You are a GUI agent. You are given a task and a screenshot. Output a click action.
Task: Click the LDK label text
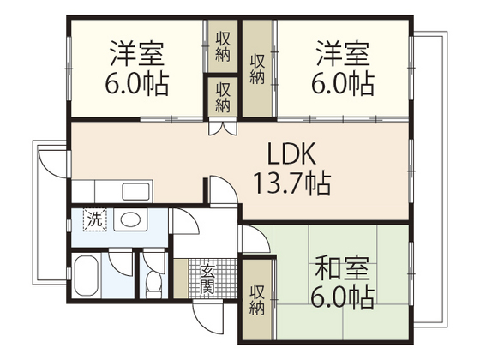tap(293, 154)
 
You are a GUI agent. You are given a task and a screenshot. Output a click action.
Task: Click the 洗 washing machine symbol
tap(94, 219)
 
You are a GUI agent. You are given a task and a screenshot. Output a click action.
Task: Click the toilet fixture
tap(153, 279)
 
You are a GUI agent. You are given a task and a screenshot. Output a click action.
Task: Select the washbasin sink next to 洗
tap(130, 219)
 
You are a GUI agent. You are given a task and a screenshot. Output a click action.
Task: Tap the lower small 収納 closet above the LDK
tap(222, 97)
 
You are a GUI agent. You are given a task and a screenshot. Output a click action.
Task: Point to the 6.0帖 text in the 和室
tap(343, 297)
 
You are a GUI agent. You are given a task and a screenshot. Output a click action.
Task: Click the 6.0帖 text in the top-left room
tap(138, 84)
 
